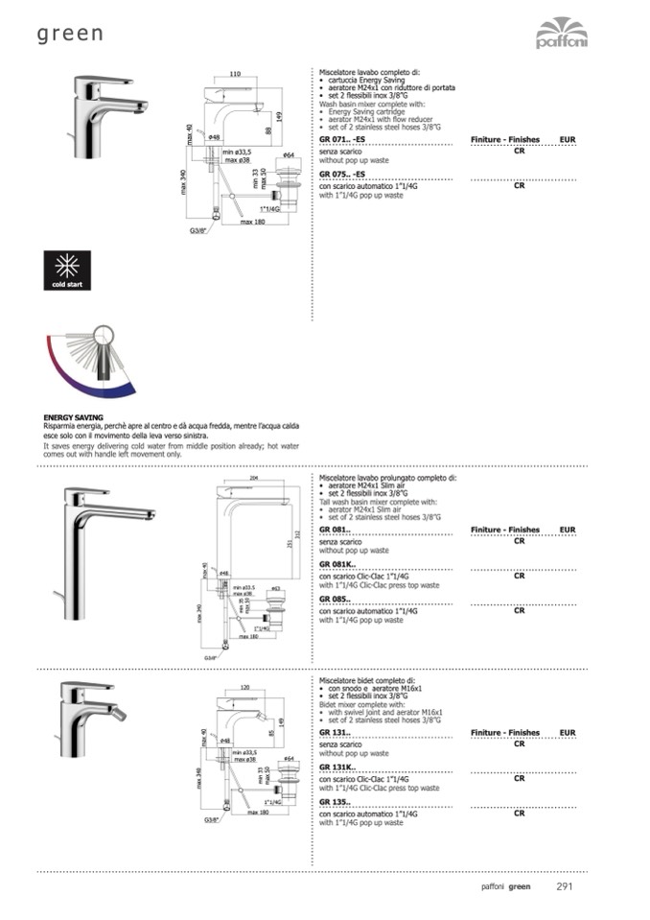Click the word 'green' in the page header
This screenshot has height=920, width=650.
click(x=70, y=35)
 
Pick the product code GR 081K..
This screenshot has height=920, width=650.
click(x=337, y=564)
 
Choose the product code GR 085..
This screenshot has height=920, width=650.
click(x=335, y=599)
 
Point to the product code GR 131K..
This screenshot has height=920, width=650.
click(x=337, y=767)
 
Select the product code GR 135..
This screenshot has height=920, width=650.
click(x=335, y=802)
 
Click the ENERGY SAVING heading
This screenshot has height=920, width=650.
click(x=74, y=419)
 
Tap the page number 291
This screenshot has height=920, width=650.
click(x=565, y=886)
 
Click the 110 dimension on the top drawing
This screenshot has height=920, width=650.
click(x=235, y=74)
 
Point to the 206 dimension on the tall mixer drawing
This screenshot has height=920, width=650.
click(x=254, y=478)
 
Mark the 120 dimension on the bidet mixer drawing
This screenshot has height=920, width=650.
click(x=244, y=688)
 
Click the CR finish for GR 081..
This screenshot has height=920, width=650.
click(x=519, y=541)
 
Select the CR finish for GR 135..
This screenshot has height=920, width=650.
click(x=519, y=813)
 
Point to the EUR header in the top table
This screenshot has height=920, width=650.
click(x=568, y=140)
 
